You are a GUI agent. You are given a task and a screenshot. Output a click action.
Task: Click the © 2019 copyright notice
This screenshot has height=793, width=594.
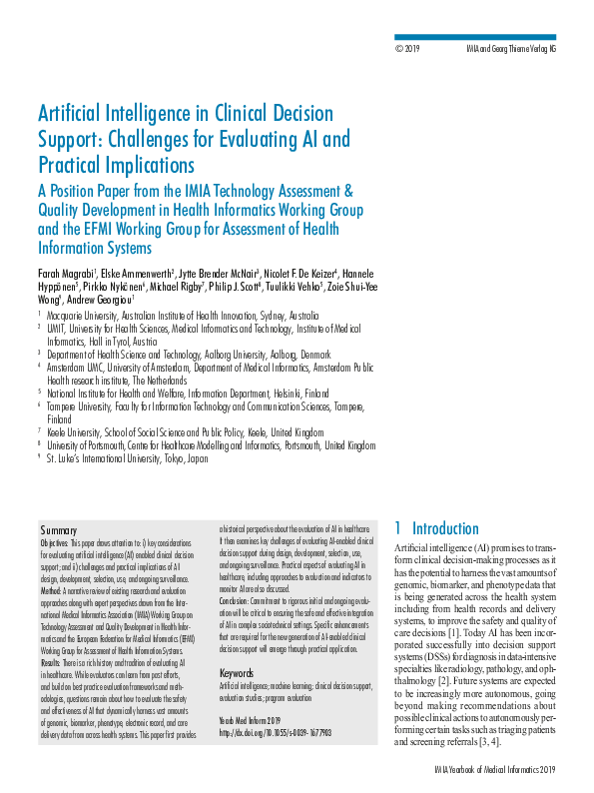point(409,48)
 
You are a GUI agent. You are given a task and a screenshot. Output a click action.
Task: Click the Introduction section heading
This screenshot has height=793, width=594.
point(445,528)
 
